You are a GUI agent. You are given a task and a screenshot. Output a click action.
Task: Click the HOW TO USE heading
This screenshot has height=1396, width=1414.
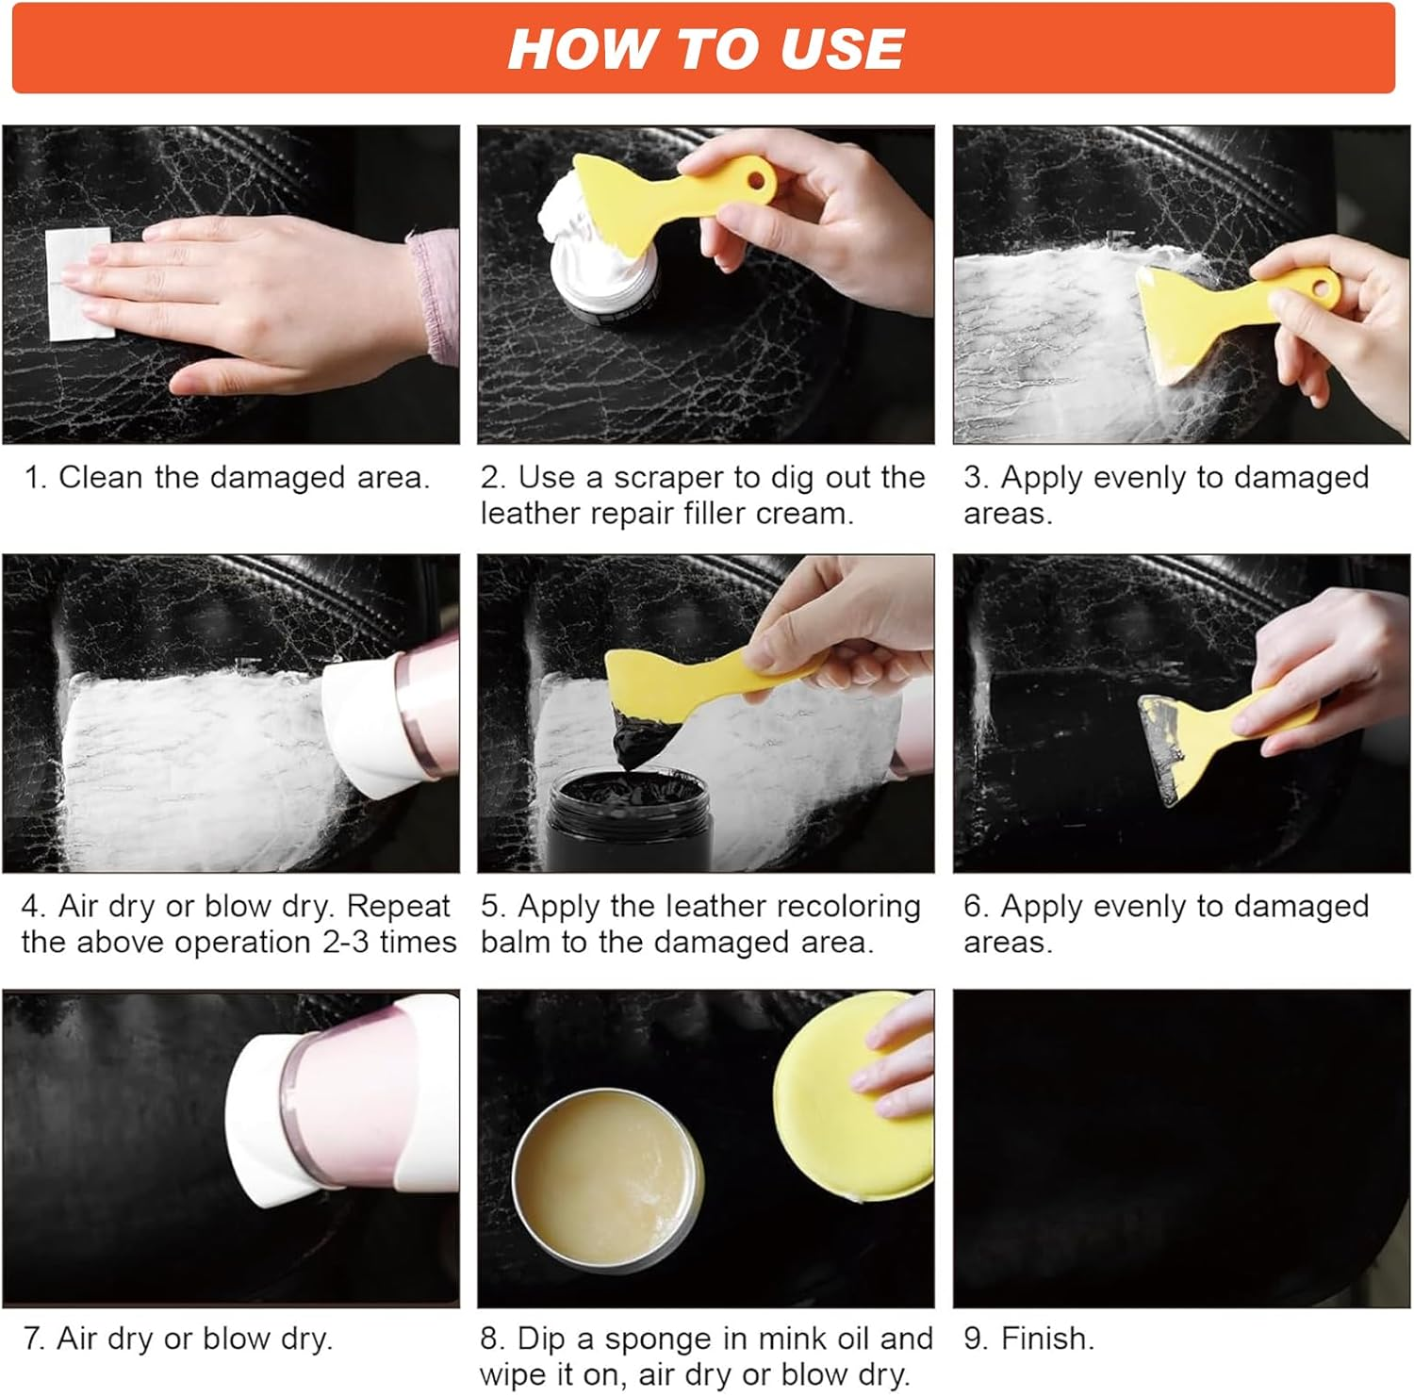click(706, 48)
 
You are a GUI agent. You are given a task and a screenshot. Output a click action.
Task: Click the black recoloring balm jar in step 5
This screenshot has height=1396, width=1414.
click(630, 818)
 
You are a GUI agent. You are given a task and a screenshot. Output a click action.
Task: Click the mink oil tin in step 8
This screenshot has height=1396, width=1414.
click(608, 1183)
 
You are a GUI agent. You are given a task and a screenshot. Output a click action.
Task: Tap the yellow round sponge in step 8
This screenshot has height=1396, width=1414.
click(853, 1098)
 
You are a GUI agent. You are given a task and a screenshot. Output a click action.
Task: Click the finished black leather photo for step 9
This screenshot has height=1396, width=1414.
click(1181, 1148)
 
